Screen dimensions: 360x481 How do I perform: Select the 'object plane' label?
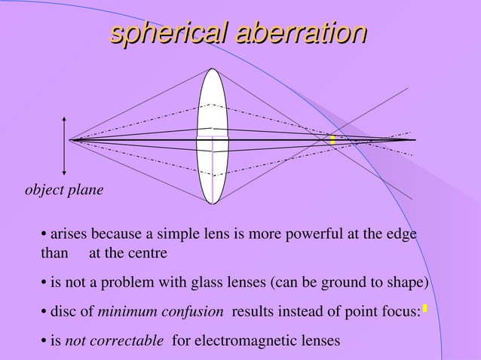[65, 190]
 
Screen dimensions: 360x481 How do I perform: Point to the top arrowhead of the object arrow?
[65, 120]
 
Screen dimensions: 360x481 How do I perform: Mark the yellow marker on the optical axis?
[332, 139]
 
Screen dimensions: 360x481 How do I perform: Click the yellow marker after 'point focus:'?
[425, 308]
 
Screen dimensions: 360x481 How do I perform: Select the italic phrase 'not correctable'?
[114, 340]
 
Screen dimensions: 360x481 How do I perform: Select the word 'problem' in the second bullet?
[124, 283]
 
